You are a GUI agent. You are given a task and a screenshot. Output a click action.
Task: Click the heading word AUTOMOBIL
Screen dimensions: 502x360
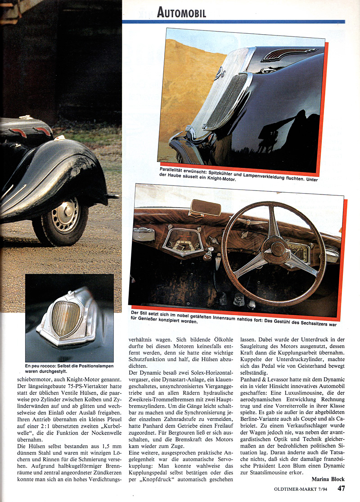182,12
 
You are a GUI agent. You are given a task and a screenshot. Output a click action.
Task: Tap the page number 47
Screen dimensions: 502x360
342,488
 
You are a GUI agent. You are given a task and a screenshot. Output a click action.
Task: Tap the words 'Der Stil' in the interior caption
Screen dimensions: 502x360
140,312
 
